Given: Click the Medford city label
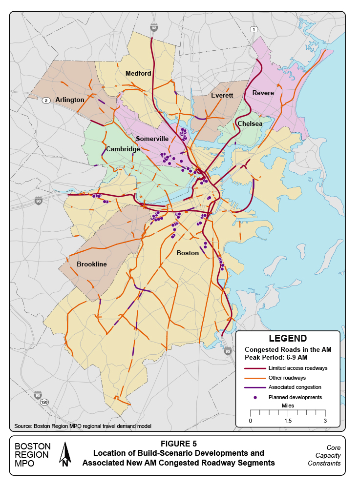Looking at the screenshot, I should [138, 74].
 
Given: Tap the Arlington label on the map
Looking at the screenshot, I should [70, 100].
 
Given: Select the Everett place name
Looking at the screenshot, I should [222, 95].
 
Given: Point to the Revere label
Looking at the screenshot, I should [263, 93].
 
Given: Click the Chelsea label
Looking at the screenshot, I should [250, 124].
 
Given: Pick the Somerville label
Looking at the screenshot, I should [152, 139].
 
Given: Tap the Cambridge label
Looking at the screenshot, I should [123, 149].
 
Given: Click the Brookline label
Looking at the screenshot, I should [91, 264].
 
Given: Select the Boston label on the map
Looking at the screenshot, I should [188, 253].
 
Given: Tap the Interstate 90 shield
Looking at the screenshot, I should [39, 201].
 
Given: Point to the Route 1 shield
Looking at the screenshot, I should [254, 30].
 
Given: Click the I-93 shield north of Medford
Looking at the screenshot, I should [154, 28].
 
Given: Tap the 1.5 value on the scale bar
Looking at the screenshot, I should [287, 421].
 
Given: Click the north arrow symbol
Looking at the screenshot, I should [65, 454].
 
